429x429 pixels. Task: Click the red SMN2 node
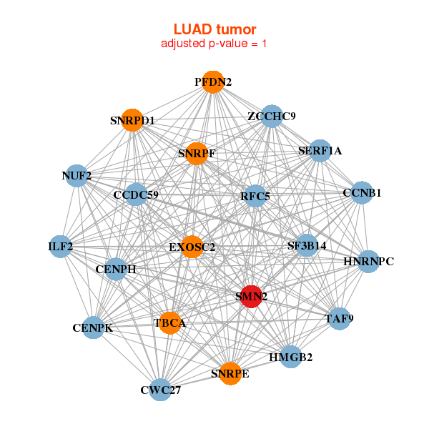(250, 296)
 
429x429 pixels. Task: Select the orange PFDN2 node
(212, 82)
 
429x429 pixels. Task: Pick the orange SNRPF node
(197, 154)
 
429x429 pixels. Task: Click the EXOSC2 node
(192, 247)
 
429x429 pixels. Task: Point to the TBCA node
(170, 323)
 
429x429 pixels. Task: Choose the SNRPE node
(230, 373)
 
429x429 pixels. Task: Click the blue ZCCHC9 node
(272, 116)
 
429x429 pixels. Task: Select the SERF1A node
(320, 151)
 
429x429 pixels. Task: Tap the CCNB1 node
(362, 192)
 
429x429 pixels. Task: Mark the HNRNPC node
(368, 262)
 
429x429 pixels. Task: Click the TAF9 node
(339, 318)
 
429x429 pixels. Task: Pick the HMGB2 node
(290, 357)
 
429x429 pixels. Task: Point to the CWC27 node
(161, 390)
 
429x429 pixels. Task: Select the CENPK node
(93, 328)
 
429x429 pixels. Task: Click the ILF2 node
(61, 247)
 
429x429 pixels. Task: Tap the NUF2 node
(77, 175)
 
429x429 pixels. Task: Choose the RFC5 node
(255, 196)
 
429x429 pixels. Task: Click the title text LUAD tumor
(214, 29)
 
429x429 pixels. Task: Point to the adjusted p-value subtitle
(214, 44)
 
